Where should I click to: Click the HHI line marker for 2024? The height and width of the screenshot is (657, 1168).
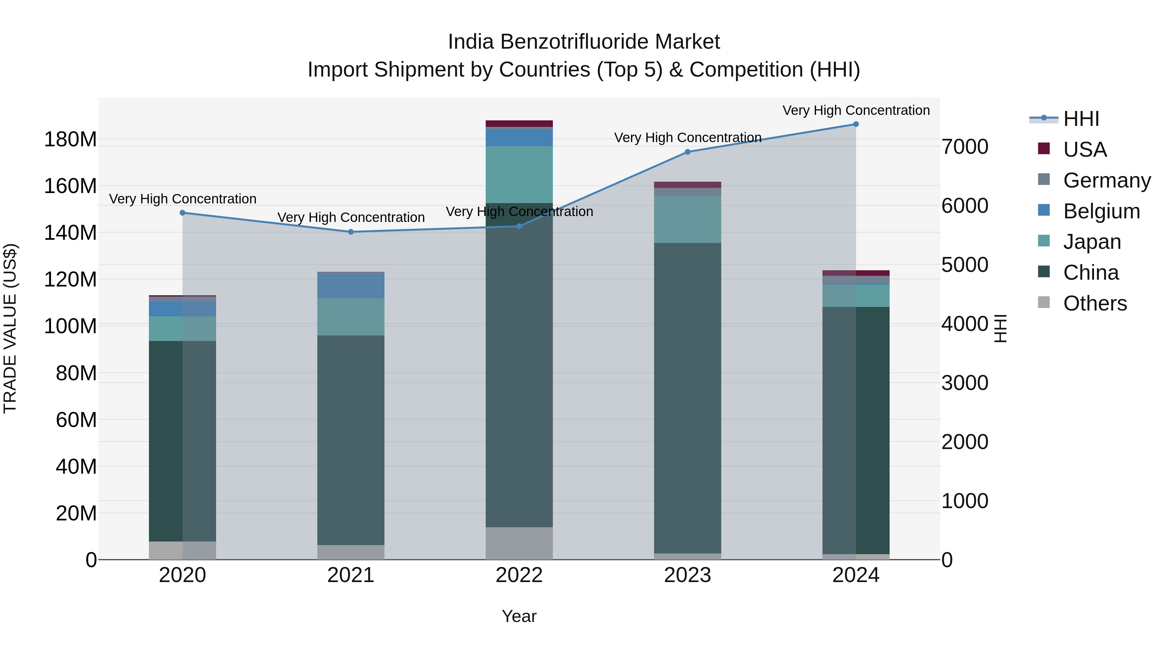(x=856, y=124)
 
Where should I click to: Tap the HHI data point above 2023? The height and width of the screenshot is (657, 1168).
(x=687, y=152)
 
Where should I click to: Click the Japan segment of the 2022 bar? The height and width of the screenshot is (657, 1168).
(x=519, y=175)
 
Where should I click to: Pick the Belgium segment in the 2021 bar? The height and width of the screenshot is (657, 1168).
(x=350, y=286)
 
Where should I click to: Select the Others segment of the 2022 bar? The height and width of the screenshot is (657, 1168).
(x=519, y=543)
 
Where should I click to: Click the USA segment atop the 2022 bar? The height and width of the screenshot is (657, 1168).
(x=519, y=123)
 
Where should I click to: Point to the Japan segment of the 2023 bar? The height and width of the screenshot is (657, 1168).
(x=687, y=219)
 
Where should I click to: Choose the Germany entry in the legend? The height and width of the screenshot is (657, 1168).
(x=1106, y=180)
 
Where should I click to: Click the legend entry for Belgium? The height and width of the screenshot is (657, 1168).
(x=1101, y=211)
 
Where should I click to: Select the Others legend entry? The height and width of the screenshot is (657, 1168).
(x=1095, y=303)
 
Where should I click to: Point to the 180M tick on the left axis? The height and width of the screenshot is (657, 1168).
(x=70, y=139)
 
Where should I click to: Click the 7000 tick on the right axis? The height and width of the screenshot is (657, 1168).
(x=965, y=147)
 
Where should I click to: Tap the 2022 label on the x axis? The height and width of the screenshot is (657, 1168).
(x=519, y=575)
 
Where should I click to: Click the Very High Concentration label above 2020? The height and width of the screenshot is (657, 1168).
(x=183, y=199)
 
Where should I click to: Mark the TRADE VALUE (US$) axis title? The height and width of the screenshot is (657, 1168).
(x=10, y=328)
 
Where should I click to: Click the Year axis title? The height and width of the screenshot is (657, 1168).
(x=519, y=616)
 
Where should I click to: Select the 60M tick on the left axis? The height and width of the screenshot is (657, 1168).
(x=76, y=420)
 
